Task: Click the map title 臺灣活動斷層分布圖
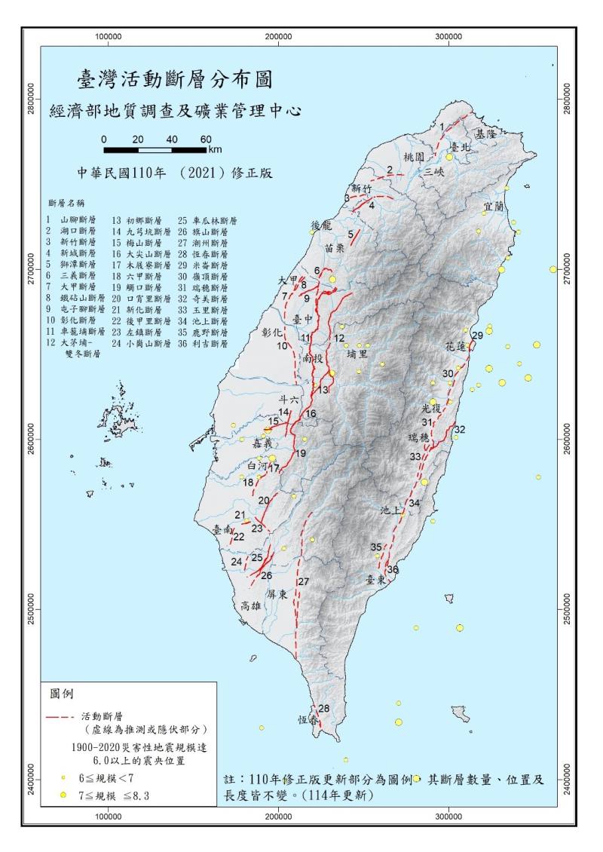pos(174,78)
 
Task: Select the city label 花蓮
pos(456,348)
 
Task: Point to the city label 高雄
pos(249,605)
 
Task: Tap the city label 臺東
pos(375,580)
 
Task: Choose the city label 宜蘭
pos(493,204)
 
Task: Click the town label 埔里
pos(357,352)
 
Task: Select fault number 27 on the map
pos(303,581)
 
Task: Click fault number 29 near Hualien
pos(476,335)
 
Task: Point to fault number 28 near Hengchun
pos(323,708)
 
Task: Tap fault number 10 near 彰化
pos(282,346)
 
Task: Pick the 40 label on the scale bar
pos(172,139)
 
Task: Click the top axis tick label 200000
pos(279,36)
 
